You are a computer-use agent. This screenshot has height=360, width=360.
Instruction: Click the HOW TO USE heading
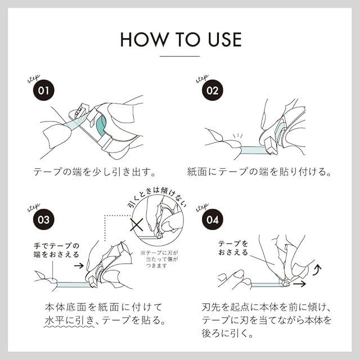click(x=180, y=39)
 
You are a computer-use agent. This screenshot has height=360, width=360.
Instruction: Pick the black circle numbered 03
click(x=44, y=220)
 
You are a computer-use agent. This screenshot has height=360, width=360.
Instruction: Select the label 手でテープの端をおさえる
click(x=56, y=250)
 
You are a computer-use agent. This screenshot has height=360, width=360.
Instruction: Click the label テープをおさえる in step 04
click(x=232, y=248)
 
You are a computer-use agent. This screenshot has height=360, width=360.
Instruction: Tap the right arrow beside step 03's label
click(x=79, y=263)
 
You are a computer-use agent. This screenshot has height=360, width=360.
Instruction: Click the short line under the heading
click(x=180, y=56)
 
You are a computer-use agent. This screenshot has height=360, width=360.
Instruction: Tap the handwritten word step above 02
click(x=202, y=78)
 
